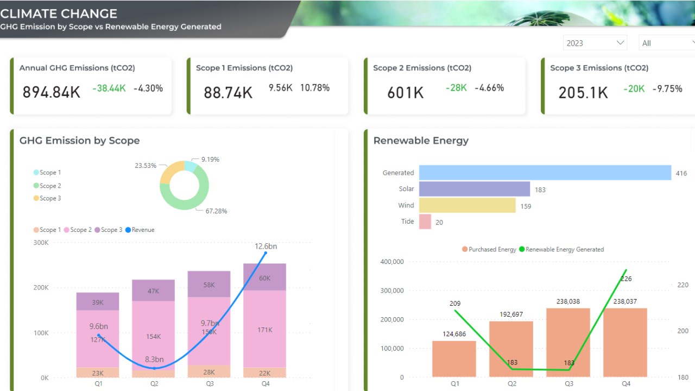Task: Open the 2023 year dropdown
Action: tap(595, 43)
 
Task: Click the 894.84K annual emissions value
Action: tap(51, 92)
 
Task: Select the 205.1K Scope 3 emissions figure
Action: tap(583, 93)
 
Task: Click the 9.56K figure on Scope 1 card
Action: tap(281, 88)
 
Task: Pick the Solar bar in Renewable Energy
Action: tap(474, 189)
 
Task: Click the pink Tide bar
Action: tap(425, 222)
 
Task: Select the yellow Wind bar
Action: tap(467, 205)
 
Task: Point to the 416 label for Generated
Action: tap(681, 174)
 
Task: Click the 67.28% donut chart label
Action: tap(216, 211)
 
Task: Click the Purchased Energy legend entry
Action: tap(489, 250)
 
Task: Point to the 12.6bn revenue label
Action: tap(266, 247)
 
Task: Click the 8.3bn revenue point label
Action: tap(154, 360)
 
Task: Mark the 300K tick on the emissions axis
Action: tap(41, 243)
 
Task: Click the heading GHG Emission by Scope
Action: tap(79, 141)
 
